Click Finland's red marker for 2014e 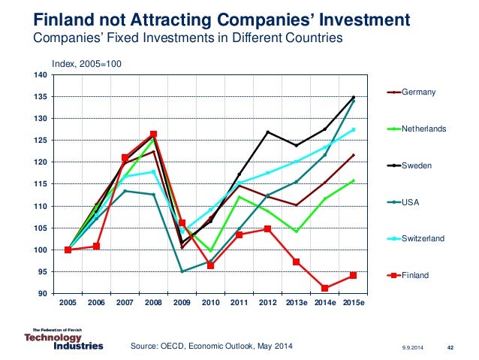coord(324,289)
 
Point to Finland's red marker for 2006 coord(96,247)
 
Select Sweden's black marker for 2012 coord(267,132)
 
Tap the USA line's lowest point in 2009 coord(182,271)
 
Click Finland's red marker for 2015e coord(353,275)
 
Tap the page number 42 coord(450,347)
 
